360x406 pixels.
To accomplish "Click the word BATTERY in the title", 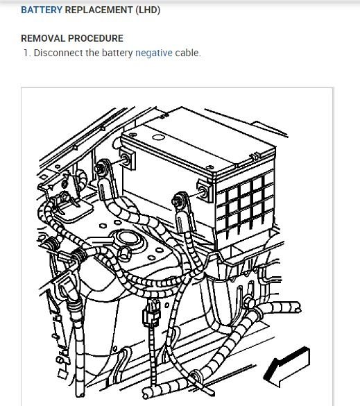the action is [42, 10].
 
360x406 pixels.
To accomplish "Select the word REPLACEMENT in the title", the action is [99, 10].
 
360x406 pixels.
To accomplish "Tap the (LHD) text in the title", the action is [148, 10].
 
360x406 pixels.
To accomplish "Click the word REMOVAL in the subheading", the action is [43, 38].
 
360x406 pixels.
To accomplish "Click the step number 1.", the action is [27, 53].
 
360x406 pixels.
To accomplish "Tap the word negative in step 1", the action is [154, 53].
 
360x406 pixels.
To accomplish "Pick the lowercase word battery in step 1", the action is [117, 53].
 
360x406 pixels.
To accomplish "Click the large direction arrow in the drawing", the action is [286, 367].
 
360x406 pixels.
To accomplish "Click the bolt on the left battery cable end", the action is [101, 169].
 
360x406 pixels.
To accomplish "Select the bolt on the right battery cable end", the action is [178, 201].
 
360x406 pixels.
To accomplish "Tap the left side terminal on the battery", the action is [126, 159].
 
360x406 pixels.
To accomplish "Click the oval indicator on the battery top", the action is [158, 137].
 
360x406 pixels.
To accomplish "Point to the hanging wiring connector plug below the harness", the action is [151, 313].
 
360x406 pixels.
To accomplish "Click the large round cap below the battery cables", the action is [128, 238].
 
